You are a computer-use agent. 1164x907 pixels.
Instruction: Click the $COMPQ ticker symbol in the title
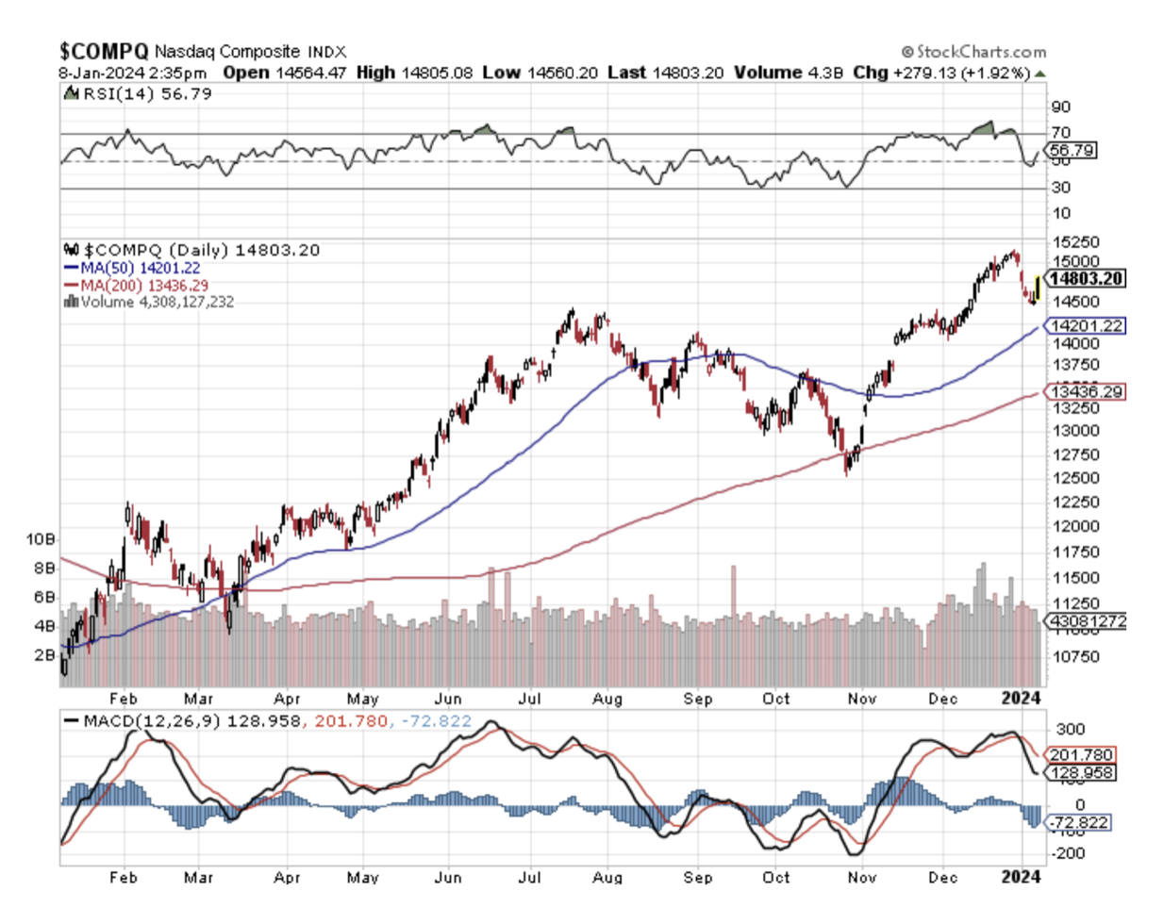coord(104,51)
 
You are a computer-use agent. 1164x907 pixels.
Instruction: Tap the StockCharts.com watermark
coord(973,52)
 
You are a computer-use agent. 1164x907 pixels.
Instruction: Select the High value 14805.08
coord(436,73)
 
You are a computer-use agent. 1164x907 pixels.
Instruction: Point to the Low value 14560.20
coord(562,73)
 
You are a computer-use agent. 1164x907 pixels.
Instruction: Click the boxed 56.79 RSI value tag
coord(1072,150)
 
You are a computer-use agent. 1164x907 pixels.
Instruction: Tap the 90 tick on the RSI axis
coord(1060,107)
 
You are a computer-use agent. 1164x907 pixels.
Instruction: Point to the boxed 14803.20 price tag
coord(1086,278)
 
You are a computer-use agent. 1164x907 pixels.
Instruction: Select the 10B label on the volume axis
coord(41,539)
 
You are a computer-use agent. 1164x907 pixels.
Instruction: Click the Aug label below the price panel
coord(607,699)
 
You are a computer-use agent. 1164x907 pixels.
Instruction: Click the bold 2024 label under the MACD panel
coord(1021,877)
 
